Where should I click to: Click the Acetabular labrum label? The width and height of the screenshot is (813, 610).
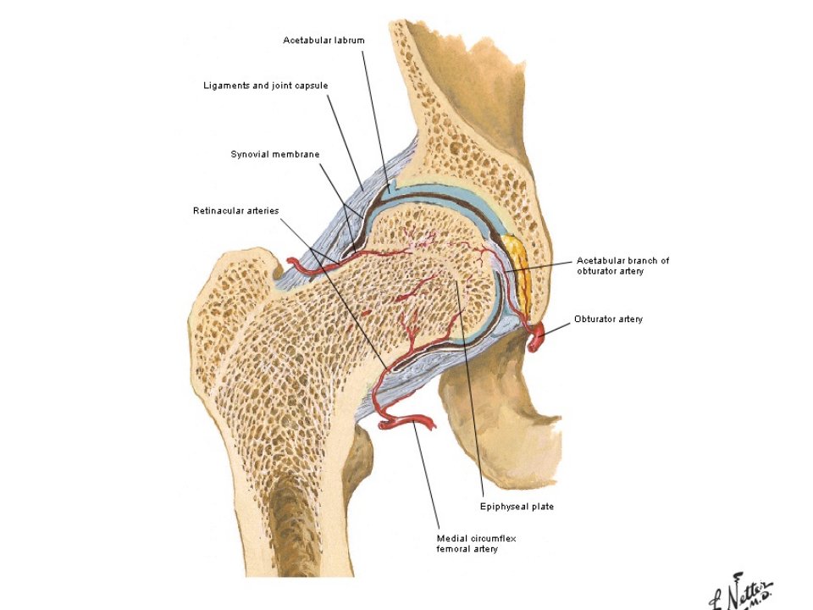(x=324, y=40)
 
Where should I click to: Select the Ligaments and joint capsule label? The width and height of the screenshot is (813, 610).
(x=265, y=86)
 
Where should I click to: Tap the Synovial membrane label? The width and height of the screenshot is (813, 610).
(x=274, y=154)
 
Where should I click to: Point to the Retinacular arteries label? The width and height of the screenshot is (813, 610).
(x=236, y=211)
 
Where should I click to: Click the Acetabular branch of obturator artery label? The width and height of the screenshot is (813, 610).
(x=622, y=265)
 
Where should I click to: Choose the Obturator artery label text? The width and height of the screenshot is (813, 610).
(x=608, y=319)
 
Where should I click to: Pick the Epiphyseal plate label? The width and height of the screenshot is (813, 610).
(x=517, y=507)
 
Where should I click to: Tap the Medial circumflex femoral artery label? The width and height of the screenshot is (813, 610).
(x=476, y=544)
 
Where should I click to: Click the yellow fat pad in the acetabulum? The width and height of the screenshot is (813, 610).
(x=519, y=274)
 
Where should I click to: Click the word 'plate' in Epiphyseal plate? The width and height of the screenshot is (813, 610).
(x=542, y=507)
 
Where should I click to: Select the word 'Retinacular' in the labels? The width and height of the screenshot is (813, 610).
(x=217, y=211)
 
